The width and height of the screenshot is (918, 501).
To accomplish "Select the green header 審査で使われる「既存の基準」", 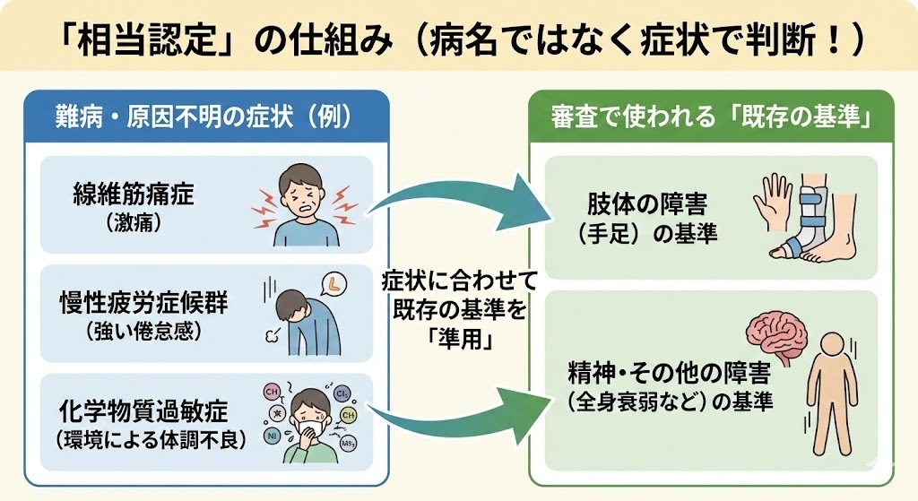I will coord(713,116).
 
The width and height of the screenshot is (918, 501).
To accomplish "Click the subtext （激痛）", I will coord(132,222).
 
